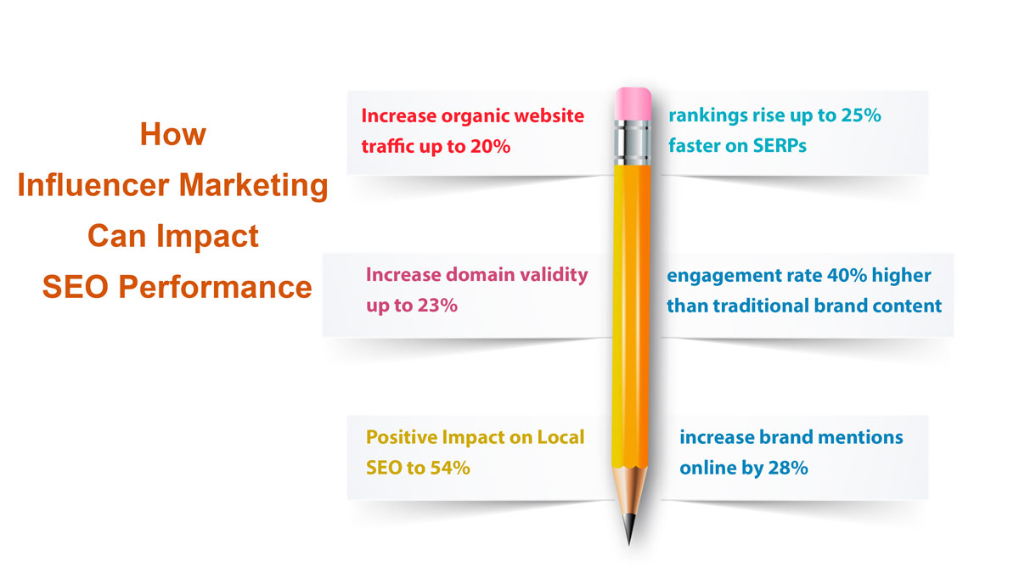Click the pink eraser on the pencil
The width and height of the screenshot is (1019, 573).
[632, 103]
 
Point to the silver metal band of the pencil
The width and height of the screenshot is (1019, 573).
[632, 141]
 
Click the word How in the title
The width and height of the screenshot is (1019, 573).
[173, 134]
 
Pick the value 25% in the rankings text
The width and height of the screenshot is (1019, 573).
[861, 115]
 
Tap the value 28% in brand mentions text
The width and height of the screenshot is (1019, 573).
[786, 468]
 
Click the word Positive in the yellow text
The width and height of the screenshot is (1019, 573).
[400, 437]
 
